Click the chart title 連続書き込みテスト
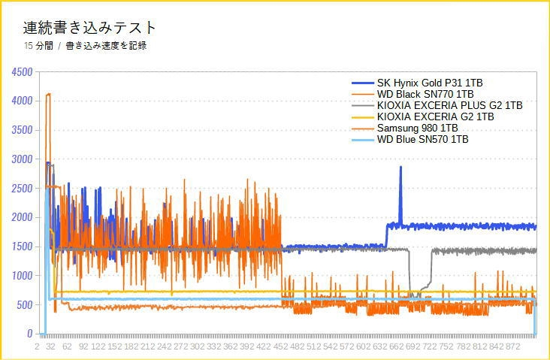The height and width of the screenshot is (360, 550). pyautogui.click(x=89, y=28)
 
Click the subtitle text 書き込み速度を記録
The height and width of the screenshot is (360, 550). pyautogui.click(x=106, y=46)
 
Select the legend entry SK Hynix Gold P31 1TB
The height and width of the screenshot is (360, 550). pyautogui.click(x=430, y=83)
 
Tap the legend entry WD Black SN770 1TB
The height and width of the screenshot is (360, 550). pyautogui.click(x=425, y=94)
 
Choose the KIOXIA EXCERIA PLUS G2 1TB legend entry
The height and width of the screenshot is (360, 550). pyautogui.click(x=449, y=105)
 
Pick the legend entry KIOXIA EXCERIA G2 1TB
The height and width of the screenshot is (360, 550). pyautogui.click(x=435, y=116)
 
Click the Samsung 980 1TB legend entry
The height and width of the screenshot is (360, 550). pyautogui.click(x=418, y=128)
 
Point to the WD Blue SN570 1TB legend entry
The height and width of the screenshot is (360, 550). pyautogui.click(x=422, y=139)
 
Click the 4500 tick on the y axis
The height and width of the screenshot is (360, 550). pyautogui.click(x=21, y=72)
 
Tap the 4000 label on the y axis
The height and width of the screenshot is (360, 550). pyautogui.click(x=21, y=101)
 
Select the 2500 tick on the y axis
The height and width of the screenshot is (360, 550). pyautogui.click(x=21, y=189)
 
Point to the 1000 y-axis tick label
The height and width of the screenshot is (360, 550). pyautogui.click(x=21, y=276)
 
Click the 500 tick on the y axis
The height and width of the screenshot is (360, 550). pyautogui.click(x=24, y=305)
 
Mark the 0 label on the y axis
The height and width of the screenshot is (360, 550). pyautogui.click(x=29, y=334)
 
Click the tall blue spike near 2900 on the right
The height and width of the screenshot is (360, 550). pyautogui.click(x=400, y=168)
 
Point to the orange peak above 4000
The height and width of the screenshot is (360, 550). pyautogui.click(x=48, y=95)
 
